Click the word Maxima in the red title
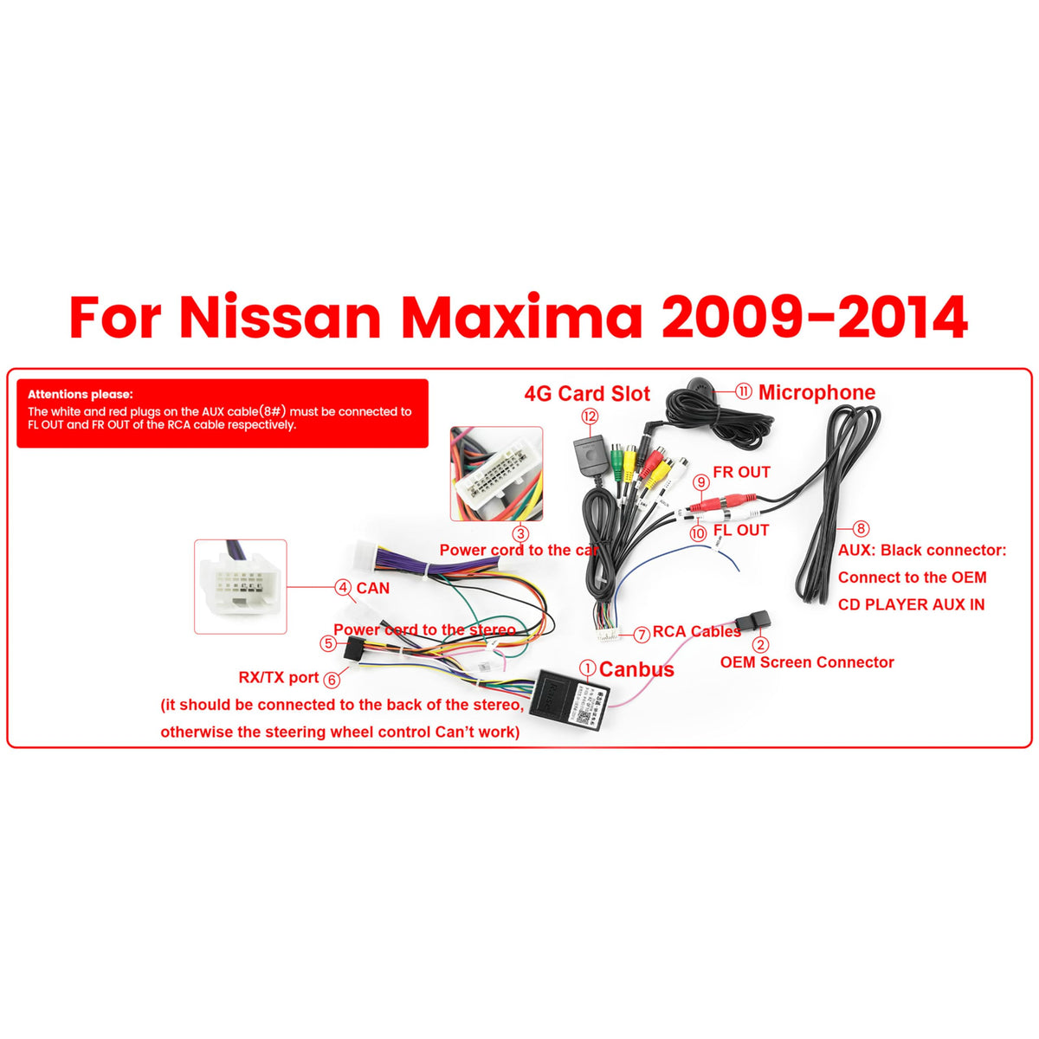point(521,317)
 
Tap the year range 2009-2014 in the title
point(815,317)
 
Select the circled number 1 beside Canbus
point(588,668)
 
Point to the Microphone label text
point(816,392)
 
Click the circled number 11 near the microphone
point(744,391)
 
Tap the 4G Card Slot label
point(587,394)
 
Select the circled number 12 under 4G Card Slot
point(590,416)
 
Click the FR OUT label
point(741,472)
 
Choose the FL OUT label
point(741,530)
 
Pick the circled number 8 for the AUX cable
point(861,528)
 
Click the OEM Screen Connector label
point(807,662)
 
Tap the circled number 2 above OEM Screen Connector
point(760,644)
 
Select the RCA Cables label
point(697,631)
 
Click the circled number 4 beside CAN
point(343,587)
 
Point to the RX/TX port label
point(279,677)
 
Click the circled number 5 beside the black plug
point(328,643)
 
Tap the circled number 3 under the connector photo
point(520,534)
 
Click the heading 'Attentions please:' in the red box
point(81,394)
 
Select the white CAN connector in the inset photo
point(241,587)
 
